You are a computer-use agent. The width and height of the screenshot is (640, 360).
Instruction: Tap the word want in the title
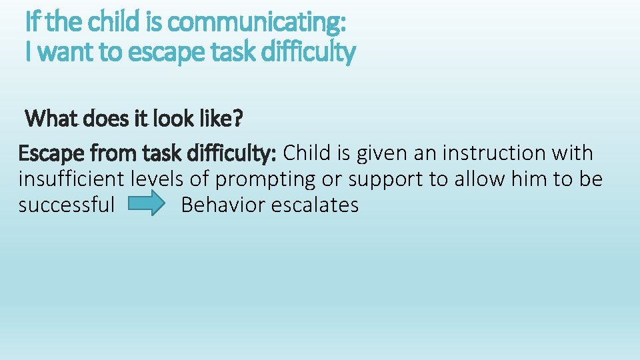(65, 51)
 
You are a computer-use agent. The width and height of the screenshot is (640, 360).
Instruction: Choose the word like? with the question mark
(221, 120)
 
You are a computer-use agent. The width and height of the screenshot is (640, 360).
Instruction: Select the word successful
(67, 205)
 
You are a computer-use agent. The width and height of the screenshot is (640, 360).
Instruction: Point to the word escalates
(316, 205)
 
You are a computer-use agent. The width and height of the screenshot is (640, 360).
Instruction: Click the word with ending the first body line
(571, 153)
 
